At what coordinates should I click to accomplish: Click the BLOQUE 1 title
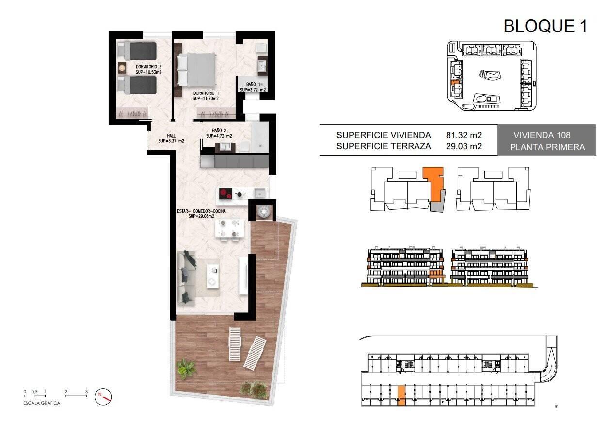click(545, 26)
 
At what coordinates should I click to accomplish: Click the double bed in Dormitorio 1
click(196, 69)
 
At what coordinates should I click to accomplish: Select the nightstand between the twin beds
click(122, 67)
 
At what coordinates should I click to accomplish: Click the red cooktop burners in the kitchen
click(225, 194)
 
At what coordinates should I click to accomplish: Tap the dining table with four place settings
click(229, 229)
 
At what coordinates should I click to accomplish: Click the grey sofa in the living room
click(187, 277)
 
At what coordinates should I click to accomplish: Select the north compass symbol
click(103, 397)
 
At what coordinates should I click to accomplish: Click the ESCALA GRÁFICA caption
click(42, 403)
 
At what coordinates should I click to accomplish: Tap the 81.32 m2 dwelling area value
click(464, 135)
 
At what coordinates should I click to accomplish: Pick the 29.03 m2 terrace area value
click(464, 146)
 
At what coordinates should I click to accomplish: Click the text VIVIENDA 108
click(542, 135)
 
